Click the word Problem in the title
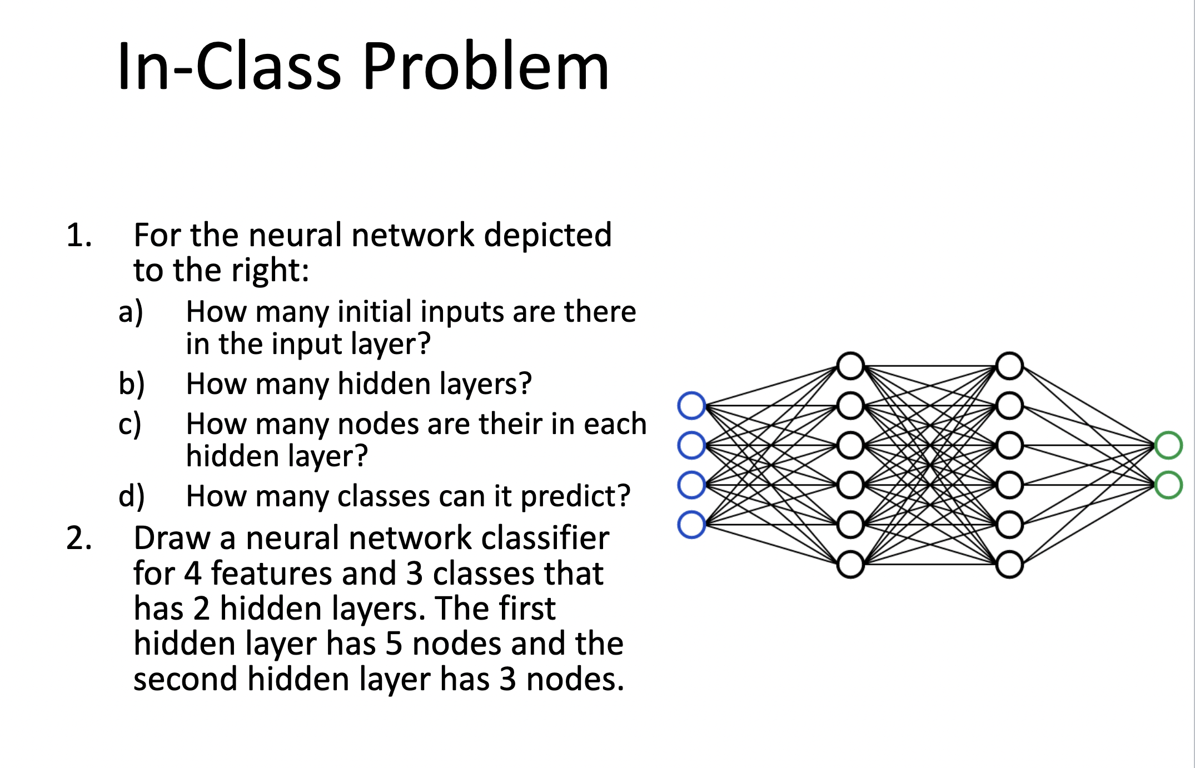click(x=486, y=66)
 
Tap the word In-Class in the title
click(x=229, y=66)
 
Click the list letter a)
click(x=131, y=312)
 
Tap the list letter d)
click(x=132, y=496)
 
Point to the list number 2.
click(x=79, y=538)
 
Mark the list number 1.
click(x=79, y=235)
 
